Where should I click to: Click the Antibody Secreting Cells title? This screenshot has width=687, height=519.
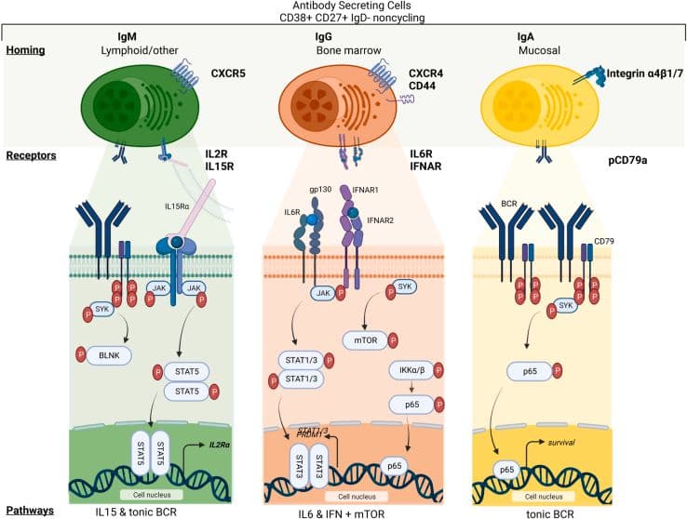coord(343,7)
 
